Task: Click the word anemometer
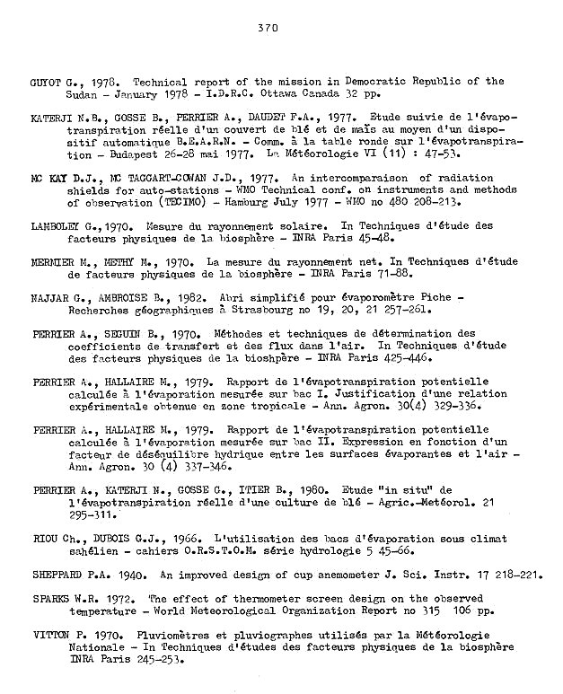pos(317,574)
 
